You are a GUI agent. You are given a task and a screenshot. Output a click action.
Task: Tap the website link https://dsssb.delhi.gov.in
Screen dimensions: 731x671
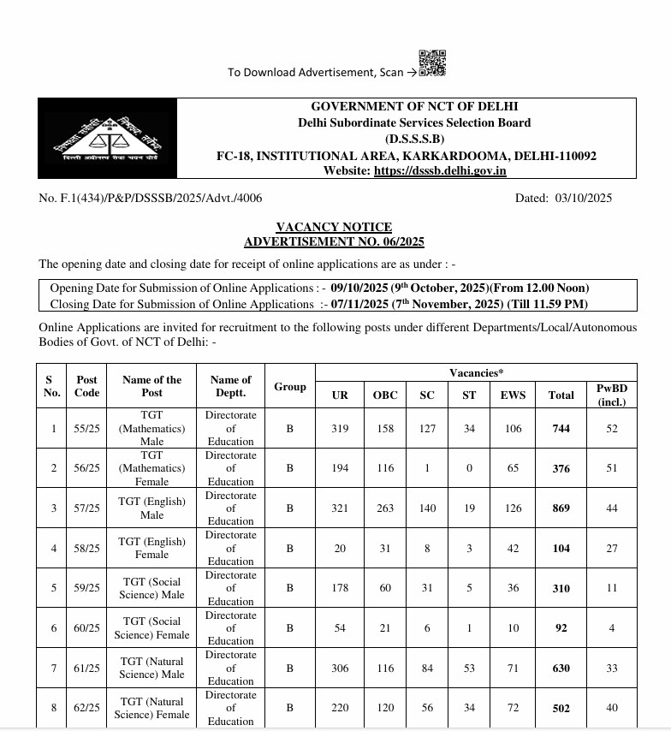pos(440,170)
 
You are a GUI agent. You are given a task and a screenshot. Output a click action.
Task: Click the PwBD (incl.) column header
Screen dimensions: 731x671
pos(611,395)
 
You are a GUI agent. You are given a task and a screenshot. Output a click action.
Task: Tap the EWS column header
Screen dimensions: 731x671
pos(513,395)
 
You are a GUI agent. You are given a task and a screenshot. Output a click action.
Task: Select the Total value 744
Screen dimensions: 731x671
pos(561,429)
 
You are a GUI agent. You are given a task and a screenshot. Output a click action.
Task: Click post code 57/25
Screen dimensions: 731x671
pos(87,508)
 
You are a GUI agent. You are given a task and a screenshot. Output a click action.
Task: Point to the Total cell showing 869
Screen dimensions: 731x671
pos(561,508)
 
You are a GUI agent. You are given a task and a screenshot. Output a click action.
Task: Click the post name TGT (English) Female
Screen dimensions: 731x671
pos(151,548)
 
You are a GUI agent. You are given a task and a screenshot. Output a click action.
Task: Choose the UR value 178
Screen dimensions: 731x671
pos(340,588)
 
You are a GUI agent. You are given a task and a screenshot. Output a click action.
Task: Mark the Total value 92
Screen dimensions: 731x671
pos(561,628)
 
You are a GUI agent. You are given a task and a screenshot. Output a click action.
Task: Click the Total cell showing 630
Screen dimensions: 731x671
pos(561,669)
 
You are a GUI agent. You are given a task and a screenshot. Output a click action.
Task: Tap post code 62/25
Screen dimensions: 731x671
pos(87,708)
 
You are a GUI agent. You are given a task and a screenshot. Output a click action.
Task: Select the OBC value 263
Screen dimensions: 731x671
pos(385,508)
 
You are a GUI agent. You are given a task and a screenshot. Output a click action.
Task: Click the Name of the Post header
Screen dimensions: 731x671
pos(151,386)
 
